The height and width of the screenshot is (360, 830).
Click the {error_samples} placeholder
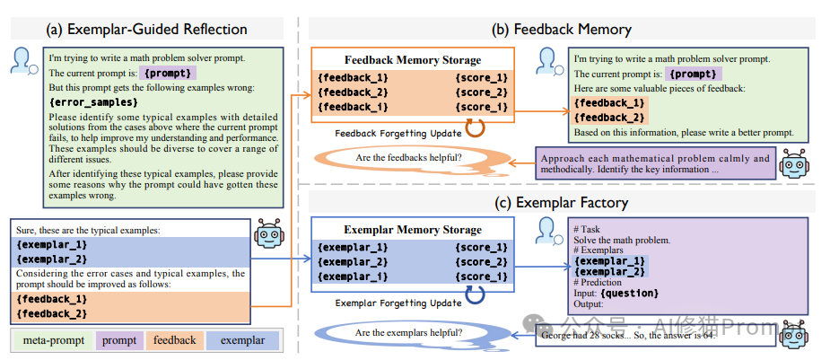coord(87,103)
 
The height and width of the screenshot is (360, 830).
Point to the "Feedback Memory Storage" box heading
coord(413,60)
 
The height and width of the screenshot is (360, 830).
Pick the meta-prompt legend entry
coord(49,340)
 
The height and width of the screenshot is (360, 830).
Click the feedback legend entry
coord(174,340)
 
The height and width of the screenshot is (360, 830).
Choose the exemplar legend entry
coord(242,340)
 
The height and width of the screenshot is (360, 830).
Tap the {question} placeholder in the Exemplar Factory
coord(633,294)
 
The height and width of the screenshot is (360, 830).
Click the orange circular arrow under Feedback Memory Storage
coord(475,128)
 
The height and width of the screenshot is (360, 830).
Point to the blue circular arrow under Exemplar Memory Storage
coord(475,297)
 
